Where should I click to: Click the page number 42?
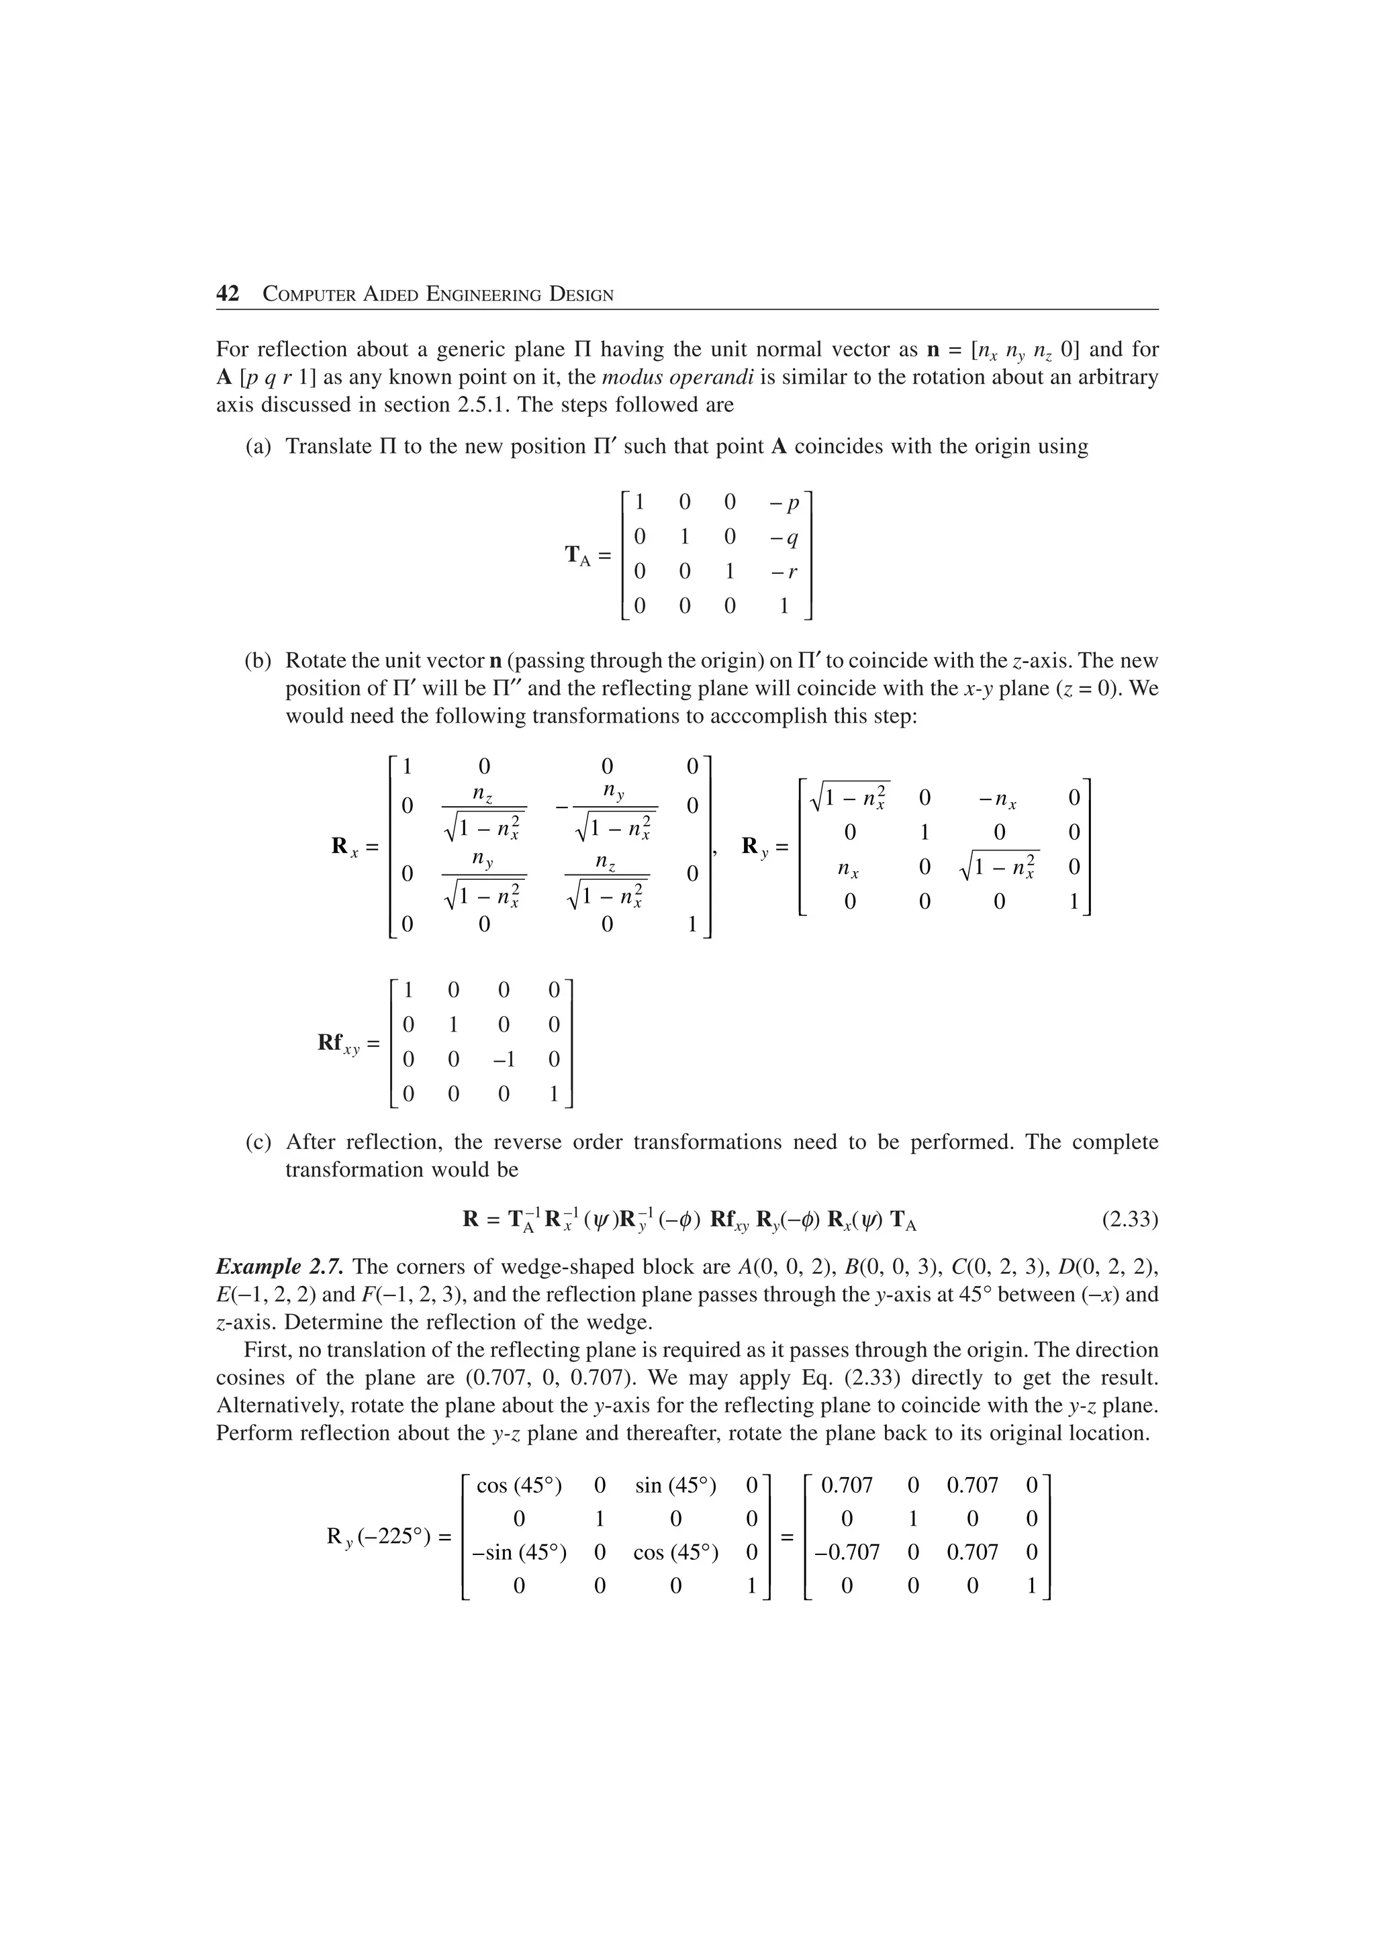pyautogui.click(x=228, y=294)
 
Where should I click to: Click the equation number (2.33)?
pyautogui.click(x=1129, y=1220)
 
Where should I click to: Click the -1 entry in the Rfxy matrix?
pyautogui.click(x=504, y=1059)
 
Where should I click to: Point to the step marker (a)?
pyautogui.click(x=258, y=446)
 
